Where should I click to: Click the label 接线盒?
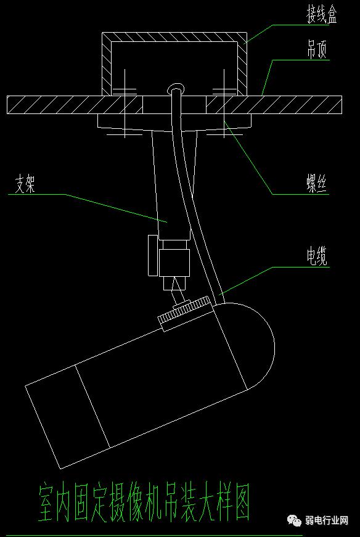coord(322,15)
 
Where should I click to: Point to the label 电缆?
coord(317,256)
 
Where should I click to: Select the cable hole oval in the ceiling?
coord(176,88)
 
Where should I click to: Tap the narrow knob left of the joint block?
coord(152,255)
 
